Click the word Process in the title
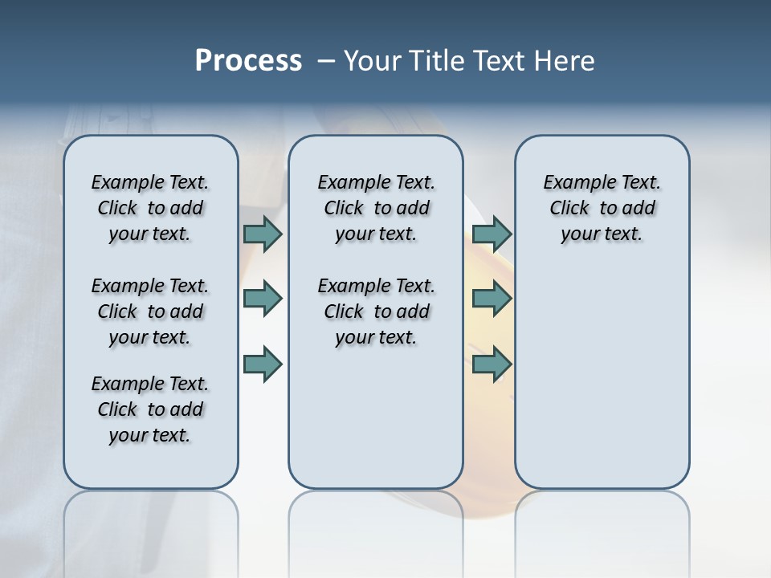[248, 61]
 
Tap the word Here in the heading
[565, 61]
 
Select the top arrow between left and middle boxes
[263, 234]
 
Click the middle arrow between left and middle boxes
[263, 299]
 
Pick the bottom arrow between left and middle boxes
[263, 364]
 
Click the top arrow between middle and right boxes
[492, 234]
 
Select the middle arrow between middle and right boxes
[492, 299]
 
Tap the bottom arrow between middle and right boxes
[492, 364]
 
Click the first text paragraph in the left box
[150, 208]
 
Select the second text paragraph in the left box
[150, 311]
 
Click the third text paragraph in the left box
[150, 409]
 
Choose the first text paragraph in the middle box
[376, 208]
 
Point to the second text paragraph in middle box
[376, 311]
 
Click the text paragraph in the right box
[602, 208]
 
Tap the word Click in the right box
[569, 209]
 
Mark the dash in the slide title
[326, 61]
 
